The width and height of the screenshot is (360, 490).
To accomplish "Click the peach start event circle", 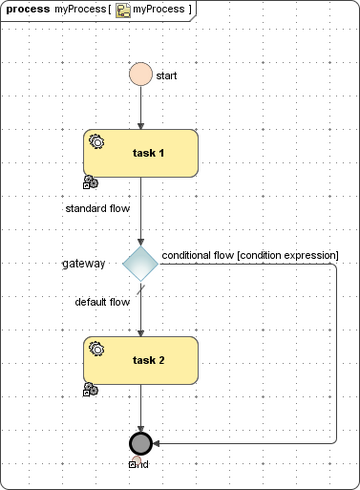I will click(141, 75).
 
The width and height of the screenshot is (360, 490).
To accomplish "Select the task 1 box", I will click(141, 153).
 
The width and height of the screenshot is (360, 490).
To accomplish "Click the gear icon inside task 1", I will click(97, 141).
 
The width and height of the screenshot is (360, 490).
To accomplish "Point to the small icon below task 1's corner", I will click(90, 182).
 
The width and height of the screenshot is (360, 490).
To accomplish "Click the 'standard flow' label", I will click(97, 210).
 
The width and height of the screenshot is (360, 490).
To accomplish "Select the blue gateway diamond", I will click(141, 264).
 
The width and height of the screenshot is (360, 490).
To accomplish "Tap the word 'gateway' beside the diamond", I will click(83, 264).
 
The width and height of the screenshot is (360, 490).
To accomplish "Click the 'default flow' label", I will click(102, 301).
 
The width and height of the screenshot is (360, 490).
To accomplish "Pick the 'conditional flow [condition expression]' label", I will click(250, 255).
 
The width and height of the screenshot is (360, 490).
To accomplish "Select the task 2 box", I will click(141, 360).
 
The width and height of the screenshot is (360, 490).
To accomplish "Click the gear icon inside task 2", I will click(97, 348).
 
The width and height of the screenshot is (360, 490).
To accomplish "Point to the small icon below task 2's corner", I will click(90, 389).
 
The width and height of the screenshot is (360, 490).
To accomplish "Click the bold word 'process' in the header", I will click(28, 9).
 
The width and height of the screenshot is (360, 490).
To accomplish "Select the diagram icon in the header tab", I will click(123, 10).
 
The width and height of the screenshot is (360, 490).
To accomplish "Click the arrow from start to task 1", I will click(141, 108).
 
